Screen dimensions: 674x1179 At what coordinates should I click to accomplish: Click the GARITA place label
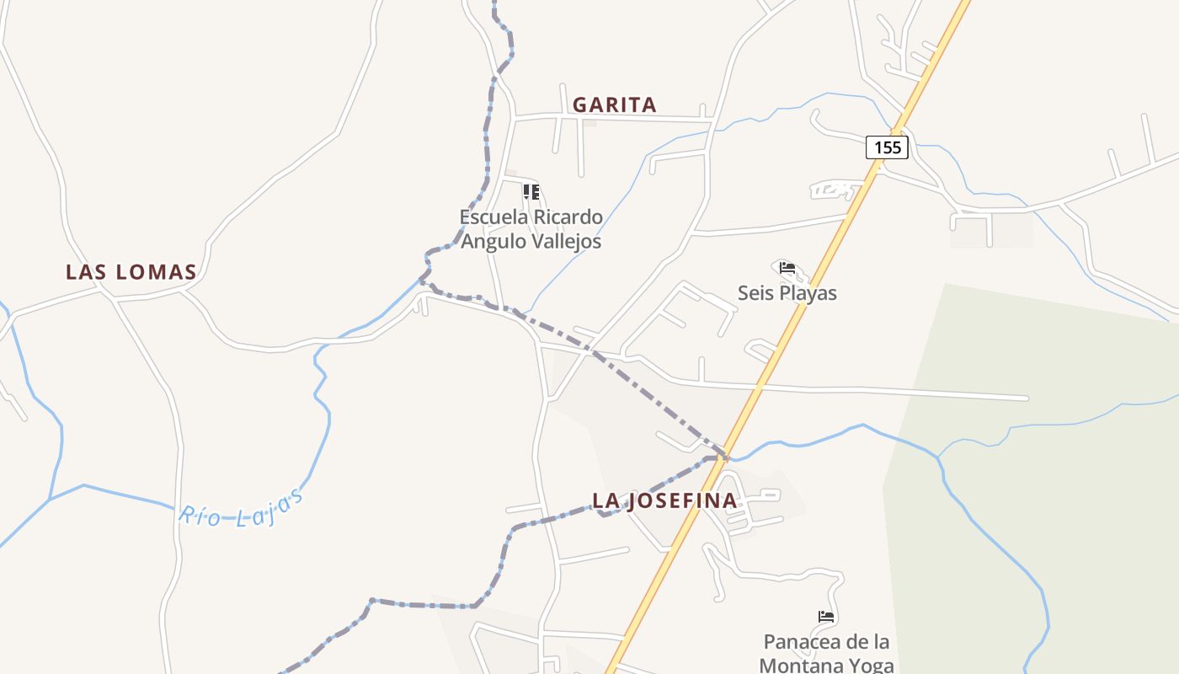point(614,104)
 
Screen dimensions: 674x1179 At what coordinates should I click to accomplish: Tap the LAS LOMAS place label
point(131,272)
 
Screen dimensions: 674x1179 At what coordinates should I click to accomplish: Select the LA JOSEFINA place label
point(664,500)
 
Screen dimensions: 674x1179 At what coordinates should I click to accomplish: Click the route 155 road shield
point(888,147)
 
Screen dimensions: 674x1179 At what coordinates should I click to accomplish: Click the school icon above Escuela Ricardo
point(531,192)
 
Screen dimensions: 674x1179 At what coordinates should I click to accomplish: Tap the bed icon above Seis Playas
point(787,269)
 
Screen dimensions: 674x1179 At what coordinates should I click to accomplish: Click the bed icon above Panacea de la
point(826,618)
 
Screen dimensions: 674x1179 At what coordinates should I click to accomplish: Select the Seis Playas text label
point(787,293)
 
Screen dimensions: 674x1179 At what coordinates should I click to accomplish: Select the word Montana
point(797,665)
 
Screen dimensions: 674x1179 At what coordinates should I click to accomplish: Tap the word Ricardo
point(568,217)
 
